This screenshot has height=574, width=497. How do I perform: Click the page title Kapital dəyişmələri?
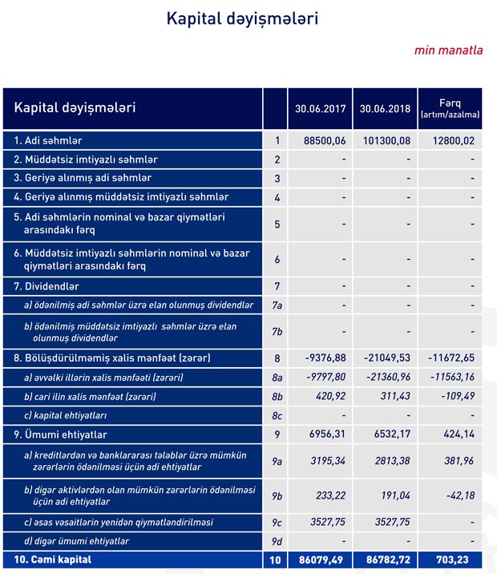pyautogui.click(x=242, y=18)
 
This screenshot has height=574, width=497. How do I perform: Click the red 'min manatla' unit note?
pyautogui.click(x=448, y=51)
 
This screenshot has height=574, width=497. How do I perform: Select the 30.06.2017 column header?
pyautogui.click(x=320, y=108)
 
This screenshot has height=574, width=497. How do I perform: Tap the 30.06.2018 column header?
pyautogui.click(x=386, y=108)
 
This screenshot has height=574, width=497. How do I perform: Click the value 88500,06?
pyautogui.click(x=325, y=141)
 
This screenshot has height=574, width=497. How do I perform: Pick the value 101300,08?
pyautogui.click(x=389, y=141)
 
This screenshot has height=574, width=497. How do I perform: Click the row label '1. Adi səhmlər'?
pyautogui.click(x=47, y=141)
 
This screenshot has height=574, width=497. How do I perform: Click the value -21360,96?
pyautogui.click(x=390, y=378)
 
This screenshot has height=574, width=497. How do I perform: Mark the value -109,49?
pyautogui.click(x=459, y=397)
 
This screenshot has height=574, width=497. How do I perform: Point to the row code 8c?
pyautogui.click(x=277, y=416)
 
